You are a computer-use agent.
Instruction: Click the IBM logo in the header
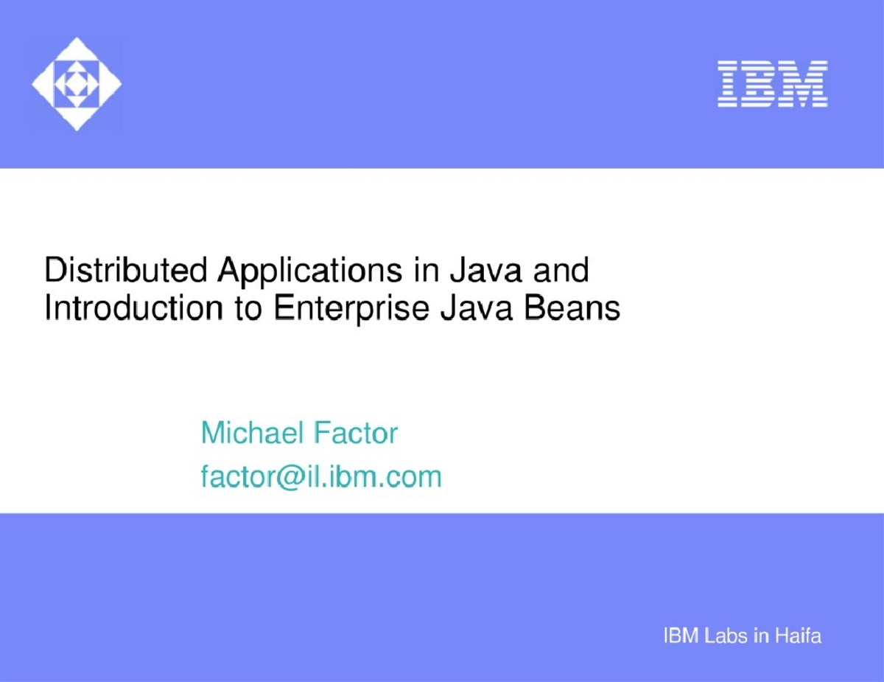[x=773, y=84]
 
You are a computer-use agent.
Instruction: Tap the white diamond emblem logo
[x=77, y=84]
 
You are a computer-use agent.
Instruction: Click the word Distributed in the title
[x=126, y=270]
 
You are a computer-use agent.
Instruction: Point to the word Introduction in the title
[x=134, y=307]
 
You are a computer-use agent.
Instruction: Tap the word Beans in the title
[x=572, y=307]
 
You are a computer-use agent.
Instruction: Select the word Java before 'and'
[x=485, y=270]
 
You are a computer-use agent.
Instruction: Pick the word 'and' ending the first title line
[x=561, y=270]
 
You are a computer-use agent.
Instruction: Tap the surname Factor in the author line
[x=356, y=432]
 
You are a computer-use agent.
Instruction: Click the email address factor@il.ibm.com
[x=321, y=477]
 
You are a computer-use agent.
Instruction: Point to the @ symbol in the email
[x=291, y=478]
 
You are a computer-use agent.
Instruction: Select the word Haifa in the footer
[x=798, y=636]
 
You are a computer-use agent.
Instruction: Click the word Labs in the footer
[x=726, y=636]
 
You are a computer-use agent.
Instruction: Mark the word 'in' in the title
[x=427, y=270]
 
